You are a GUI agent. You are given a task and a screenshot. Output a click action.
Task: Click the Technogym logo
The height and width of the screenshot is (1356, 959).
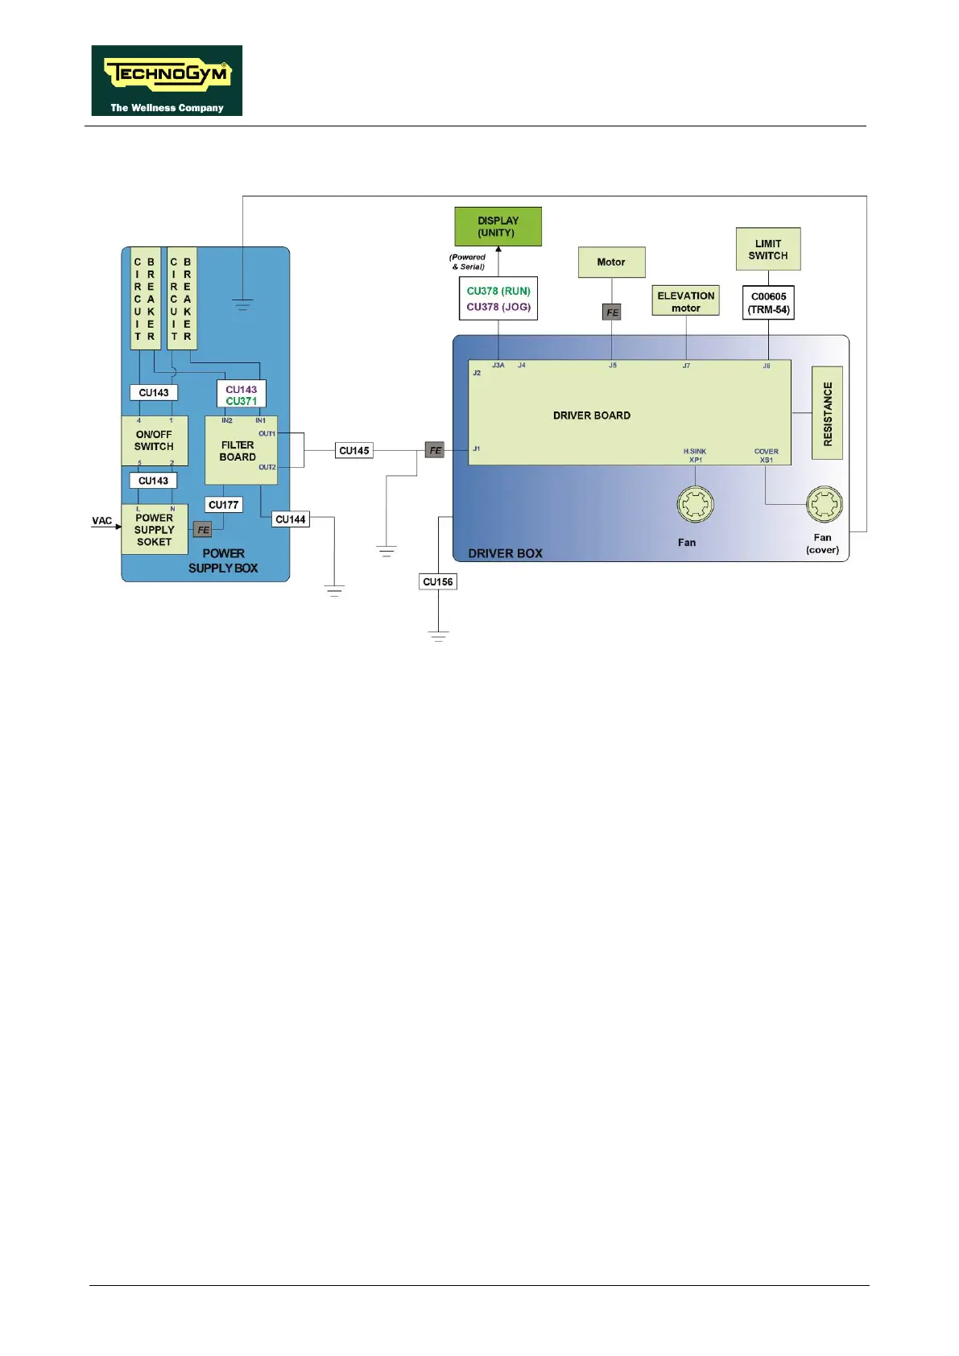[x=167, y=80]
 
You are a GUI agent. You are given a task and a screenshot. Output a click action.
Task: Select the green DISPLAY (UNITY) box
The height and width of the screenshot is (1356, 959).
[x=498, y=226]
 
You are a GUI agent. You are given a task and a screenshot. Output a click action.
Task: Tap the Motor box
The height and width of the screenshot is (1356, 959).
[x=611, y=262]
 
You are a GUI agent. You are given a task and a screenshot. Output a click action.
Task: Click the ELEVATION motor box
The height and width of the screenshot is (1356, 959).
[x=685, y=302]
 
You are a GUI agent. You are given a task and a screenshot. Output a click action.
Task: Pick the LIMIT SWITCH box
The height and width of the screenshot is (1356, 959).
[x=767, y=250]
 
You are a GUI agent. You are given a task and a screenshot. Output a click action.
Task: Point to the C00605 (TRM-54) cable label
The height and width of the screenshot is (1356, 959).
[x=768, y=303]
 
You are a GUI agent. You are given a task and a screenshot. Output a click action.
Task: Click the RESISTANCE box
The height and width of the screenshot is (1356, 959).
[x=827, y=413]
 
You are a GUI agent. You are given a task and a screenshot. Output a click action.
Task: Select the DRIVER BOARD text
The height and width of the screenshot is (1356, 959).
[x=591, y=415]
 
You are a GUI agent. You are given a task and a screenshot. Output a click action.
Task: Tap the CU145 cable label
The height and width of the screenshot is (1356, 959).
[x=354, y=451]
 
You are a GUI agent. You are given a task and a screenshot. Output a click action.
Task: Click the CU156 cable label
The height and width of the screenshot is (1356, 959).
[x=438, y=581]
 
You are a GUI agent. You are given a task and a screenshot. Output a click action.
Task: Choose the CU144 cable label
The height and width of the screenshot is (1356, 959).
[x=291, y=519]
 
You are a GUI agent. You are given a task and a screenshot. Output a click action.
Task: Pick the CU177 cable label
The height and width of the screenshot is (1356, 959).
[x=224, y=505]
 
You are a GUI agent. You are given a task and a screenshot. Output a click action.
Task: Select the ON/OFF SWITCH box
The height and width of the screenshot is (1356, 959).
[x=155, y=440]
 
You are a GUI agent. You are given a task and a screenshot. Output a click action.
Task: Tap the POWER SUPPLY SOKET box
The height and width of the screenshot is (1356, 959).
[x=155, y=529]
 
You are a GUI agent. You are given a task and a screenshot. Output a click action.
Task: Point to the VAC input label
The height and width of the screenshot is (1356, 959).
[x=102, y=521]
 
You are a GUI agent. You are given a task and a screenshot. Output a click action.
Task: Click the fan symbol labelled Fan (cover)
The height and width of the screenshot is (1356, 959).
[x=824, y=505]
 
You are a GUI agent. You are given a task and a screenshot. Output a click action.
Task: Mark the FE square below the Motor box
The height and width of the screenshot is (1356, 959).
[x=612, y=312]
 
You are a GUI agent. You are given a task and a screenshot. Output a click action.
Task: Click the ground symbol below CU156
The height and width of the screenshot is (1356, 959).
[x=438, y=637]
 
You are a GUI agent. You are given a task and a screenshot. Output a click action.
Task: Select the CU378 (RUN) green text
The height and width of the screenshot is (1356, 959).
[x=498, y=291]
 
